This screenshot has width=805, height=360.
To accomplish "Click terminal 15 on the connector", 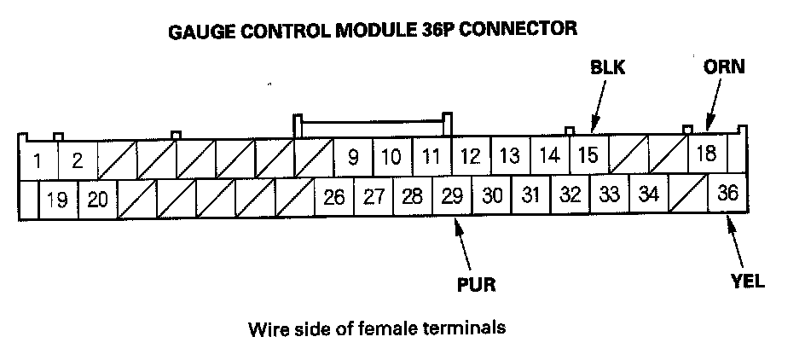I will [588, 155].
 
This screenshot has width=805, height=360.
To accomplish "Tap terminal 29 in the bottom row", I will [452, 195].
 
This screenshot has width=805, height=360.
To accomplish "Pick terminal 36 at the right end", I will [727, 193].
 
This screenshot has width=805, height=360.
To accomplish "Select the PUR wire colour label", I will [476, 283].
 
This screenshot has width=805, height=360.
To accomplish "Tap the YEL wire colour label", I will [747, 282].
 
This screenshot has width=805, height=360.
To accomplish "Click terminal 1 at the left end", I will [38, 160].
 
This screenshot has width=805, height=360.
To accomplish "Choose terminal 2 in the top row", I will [77, 160].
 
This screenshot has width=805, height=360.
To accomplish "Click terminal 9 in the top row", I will [352, 157].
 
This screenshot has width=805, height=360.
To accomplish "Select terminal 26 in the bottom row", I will [334, 197].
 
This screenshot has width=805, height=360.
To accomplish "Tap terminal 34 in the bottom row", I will [648, 194].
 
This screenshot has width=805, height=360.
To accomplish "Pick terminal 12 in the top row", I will [470, 156].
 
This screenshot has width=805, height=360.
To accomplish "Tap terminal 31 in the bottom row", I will [530, 195].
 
